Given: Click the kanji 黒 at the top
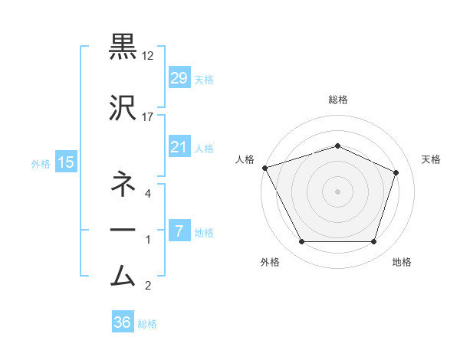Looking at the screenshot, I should coord(123,45).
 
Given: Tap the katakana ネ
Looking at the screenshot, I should coord(123,184).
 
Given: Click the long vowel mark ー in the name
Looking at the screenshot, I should coord(123,230).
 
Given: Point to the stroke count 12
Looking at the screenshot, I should coord(148,57).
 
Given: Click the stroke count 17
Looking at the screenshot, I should coord(148,116).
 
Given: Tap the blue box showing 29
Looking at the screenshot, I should coord(179,78).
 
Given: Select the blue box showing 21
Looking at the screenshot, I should coord(179,147).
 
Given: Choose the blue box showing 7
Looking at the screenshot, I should coord(179,231).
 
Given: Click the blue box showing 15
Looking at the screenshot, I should coord(65,162).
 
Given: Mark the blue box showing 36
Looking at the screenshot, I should coord(122,322).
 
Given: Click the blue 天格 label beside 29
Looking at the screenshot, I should coord(204,80).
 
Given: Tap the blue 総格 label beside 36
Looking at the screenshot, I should coord(147,324).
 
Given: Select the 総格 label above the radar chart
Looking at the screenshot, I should coord(337,100).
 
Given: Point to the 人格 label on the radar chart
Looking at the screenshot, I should coord(245,159).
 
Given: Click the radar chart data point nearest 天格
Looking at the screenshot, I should coord(396,172).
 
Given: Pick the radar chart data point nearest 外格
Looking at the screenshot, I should coord(301,242).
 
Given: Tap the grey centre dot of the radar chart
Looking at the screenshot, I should coord(337,191).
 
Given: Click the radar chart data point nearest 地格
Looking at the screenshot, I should coord(373,242).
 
